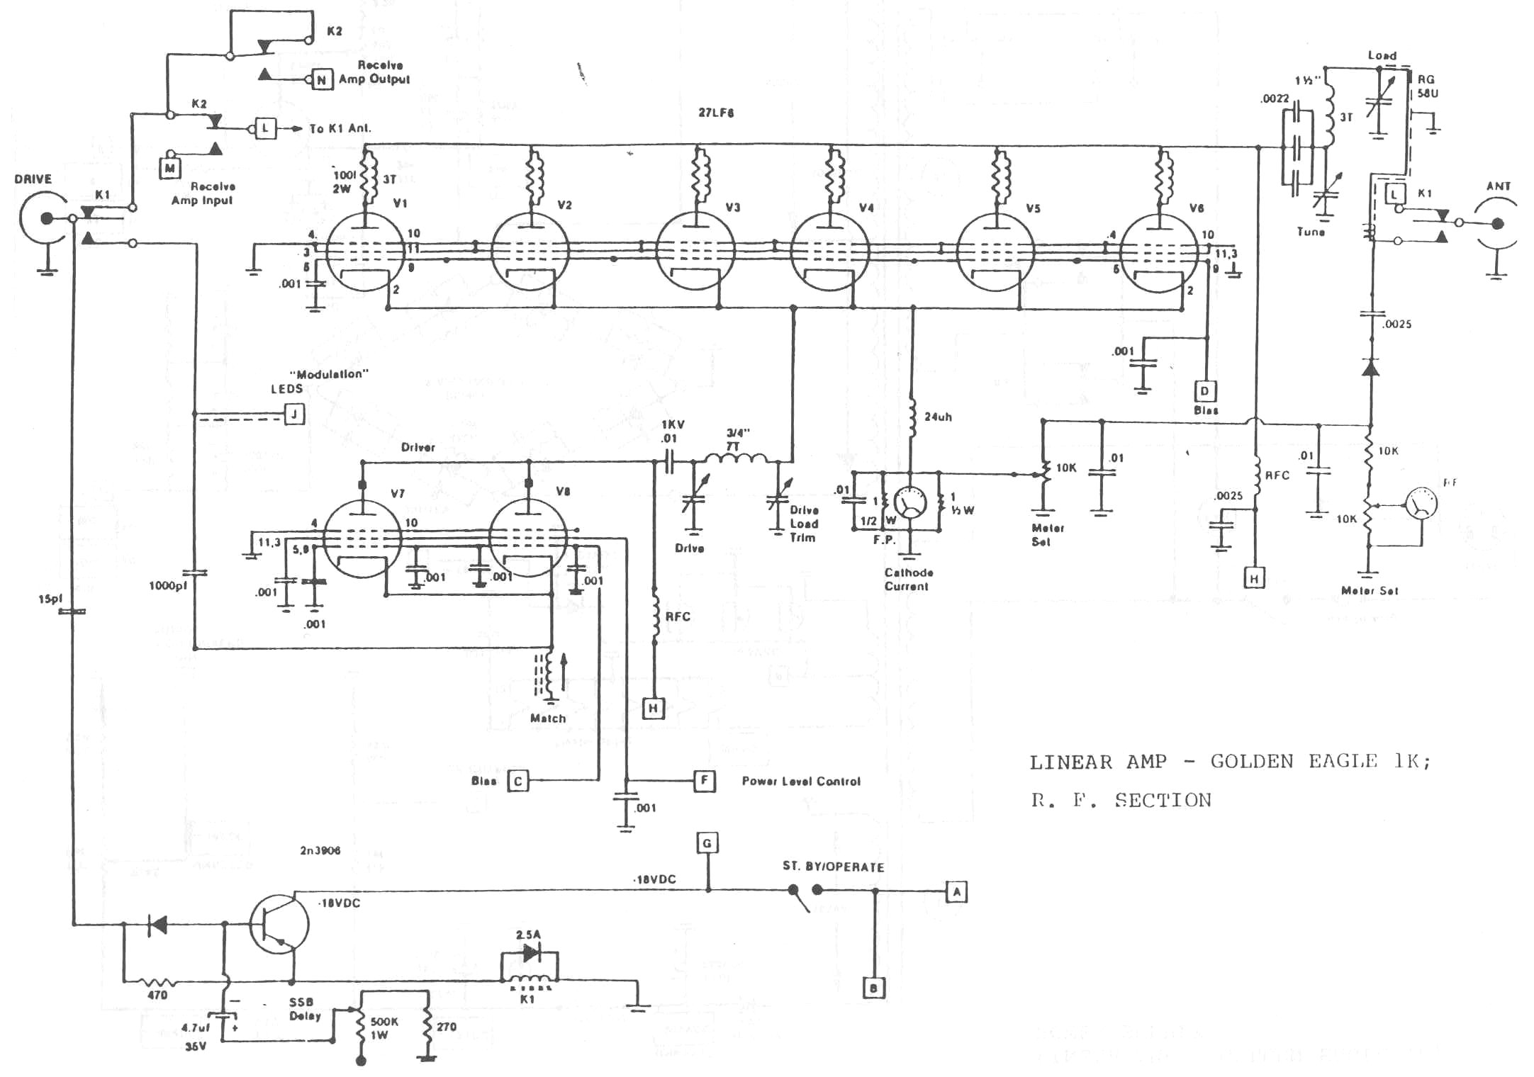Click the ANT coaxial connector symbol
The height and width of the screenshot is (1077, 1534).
(x=1496, y=224)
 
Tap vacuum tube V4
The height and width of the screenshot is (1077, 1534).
(x=830, y=252)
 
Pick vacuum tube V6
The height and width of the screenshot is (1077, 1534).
(x=1159, y=253)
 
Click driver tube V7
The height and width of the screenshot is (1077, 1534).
(x=362, y=539)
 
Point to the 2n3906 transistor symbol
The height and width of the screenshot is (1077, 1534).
(x=279, y=925)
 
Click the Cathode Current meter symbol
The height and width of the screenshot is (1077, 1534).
(x=911, y=503)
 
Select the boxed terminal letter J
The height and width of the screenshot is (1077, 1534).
(x=294, y=414)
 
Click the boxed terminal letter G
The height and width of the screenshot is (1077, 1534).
(x=707, y=843)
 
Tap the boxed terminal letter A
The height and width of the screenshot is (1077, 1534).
(x=956, y=891)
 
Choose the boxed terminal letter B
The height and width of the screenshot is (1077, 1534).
(x=874, y=988)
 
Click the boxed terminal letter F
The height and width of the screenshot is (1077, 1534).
(x=704, y=781)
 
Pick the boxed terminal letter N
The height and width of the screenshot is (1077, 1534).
(x=322, y=80)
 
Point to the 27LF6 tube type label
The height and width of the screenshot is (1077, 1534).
(x=716, y=113)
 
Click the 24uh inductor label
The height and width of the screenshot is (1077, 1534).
(x=938, y=417)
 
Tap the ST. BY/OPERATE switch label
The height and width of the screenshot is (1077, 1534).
(x=833, y=867)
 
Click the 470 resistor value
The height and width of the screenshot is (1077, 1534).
(x=157, y=996)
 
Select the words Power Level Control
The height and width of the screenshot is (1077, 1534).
(x=801, y=782)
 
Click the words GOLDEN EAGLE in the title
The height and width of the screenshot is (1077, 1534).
(x=1294, y=762)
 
